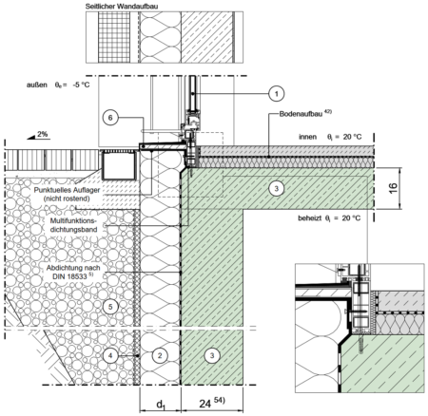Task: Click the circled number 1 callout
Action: tap(276, 94)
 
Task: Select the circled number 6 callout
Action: tap(110, 118)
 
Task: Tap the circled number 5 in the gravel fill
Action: tap(110, 307)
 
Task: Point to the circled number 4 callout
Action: tap(110, 355)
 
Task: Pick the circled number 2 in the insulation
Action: tap(160, 355)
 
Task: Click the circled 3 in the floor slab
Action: tap(276, 188)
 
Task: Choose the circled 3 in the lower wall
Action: tap(212, 355)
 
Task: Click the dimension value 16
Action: tap(393, 188)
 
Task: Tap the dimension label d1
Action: tap(161, 405)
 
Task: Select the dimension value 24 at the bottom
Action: tap(205, 404)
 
